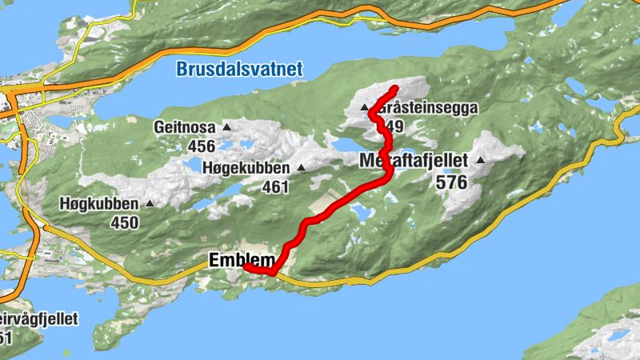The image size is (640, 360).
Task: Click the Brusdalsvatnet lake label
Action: [x=239, y=70]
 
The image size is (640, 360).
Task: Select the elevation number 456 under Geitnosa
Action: [x=201, y=146]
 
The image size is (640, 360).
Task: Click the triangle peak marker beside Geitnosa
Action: [x=226, y=126]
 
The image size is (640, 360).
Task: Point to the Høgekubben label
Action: [x=248, y=167]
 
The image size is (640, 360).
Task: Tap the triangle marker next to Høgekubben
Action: [x=302, y=168]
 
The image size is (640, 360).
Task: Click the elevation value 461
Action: [x=274, y=187]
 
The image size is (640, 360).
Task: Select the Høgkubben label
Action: [x=98, y=203]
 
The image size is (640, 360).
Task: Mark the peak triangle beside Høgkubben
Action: [x=148, y=204]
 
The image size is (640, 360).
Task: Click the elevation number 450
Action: [x=125, y=222]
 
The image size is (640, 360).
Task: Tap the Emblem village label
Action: [x=240, y=260]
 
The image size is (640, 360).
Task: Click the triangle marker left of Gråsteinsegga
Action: [x=364, y=107]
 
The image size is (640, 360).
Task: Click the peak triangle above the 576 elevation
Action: [x=480, y=161]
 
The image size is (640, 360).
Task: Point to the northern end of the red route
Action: [x=396, y=87]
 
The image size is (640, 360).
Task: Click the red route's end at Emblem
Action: [x=246, y=266]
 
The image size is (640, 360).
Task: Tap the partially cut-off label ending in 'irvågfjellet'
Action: [x=39, y=319]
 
